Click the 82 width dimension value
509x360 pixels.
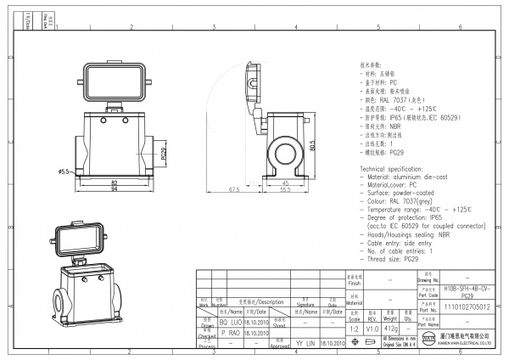click(x=114, y=182)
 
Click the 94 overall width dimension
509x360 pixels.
click(x=114, y=189)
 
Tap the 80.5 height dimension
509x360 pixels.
click(x=312, y=145)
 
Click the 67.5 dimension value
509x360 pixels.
click(x=234, y=189)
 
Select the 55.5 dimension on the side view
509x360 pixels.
click(x=287, y=189)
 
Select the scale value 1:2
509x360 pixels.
click(x=353, y=327)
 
